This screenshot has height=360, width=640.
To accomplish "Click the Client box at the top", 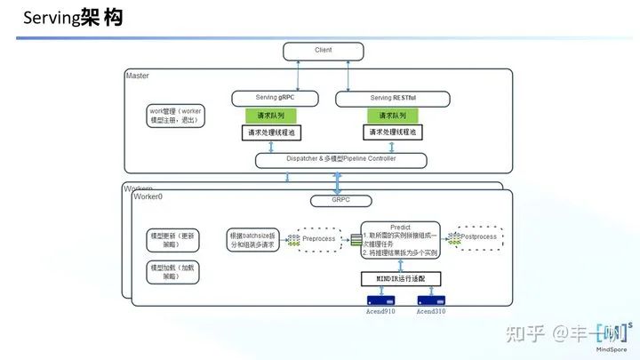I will pyautogui.click(x=323, y=51).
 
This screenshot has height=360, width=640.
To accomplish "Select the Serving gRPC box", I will pyautogui.click(x=275, y=97).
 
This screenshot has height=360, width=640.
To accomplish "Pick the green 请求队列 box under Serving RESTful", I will pyautogui.click(x=392, y=116).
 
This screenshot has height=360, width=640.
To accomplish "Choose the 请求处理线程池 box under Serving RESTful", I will pyautogui.click(x=392, y=132).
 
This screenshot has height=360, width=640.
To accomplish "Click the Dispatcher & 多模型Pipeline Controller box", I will pyautogui.click(x=340, y=160).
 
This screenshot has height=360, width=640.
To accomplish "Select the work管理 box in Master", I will pyautogui.click(x=177, y=116).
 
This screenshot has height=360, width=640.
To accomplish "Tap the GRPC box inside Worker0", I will pyautogui.click(x=340, y=201).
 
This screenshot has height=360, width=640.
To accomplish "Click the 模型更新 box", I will pyautogui.click(x=175, y=240).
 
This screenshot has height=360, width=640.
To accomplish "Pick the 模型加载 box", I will pyautogui.click(x=175, y=271).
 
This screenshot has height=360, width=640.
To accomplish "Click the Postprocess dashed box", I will pyautogui.click(x=477, y=237).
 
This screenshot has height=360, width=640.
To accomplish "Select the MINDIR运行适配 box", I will pyautogui.click(x=401, y=278).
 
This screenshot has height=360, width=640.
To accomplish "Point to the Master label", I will pyautogui.click(x=138, y=76).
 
